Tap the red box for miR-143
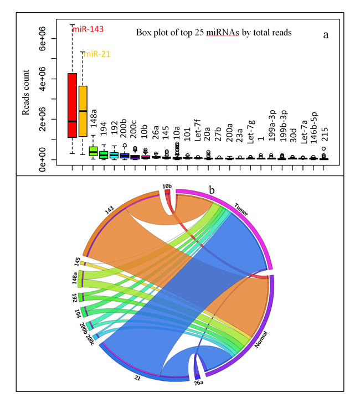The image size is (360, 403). click(72, 105)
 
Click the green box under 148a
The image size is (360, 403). click(94, 152)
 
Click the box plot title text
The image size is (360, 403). click(214, 33)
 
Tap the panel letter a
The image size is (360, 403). click(326, 35)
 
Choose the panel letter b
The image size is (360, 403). click(211, 190)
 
